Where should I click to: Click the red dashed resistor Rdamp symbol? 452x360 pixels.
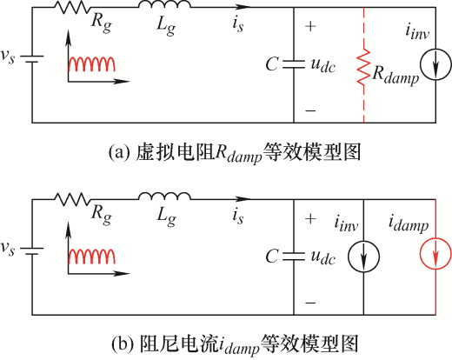tap(363, 68)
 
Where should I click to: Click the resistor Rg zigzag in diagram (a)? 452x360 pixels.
tap(72, 8)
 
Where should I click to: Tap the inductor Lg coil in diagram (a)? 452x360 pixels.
tap(164, 4)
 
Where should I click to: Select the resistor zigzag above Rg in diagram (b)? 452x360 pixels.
tap(72, 199)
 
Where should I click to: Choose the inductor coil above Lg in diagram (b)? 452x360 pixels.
tap(164, 196)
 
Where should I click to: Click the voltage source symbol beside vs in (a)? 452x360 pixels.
tap(32, 59)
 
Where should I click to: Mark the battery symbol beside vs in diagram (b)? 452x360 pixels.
tap(32, 251)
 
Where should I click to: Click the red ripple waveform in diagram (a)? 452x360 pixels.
tap(91, 63)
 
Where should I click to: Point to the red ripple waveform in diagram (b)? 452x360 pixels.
tap(91, 256)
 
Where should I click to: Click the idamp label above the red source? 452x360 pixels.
tap(409, 223)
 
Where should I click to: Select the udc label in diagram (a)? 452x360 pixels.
tap(322, 66)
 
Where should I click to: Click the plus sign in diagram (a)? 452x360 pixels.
tap(310, 26)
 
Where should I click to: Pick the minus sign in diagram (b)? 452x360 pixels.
tap(310, 303)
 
